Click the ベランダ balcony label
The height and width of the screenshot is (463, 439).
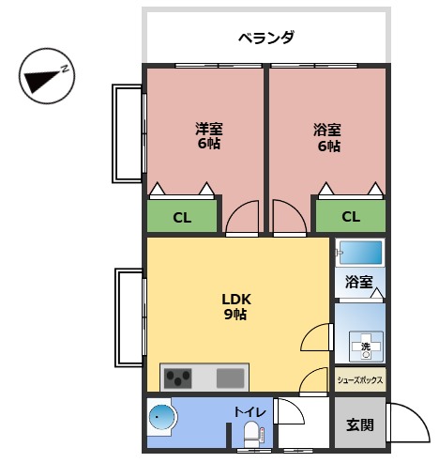(265, 39)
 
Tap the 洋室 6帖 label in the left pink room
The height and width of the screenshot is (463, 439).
(208, 137)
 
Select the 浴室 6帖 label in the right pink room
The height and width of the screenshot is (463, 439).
(327, 137)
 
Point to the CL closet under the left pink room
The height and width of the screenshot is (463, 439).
(182, 217)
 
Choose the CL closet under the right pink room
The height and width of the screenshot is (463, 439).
(350, 217)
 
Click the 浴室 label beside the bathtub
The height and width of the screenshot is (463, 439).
(358, 282)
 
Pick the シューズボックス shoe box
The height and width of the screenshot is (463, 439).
(360, 380)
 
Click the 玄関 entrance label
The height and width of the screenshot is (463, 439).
(359, 424)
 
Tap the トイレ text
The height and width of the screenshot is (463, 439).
(250, 411)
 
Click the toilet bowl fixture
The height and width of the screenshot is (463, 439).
(250, 433)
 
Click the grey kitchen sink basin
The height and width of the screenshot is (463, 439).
(231, 378)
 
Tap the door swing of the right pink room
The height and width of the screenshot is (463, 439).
(287, 218)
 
